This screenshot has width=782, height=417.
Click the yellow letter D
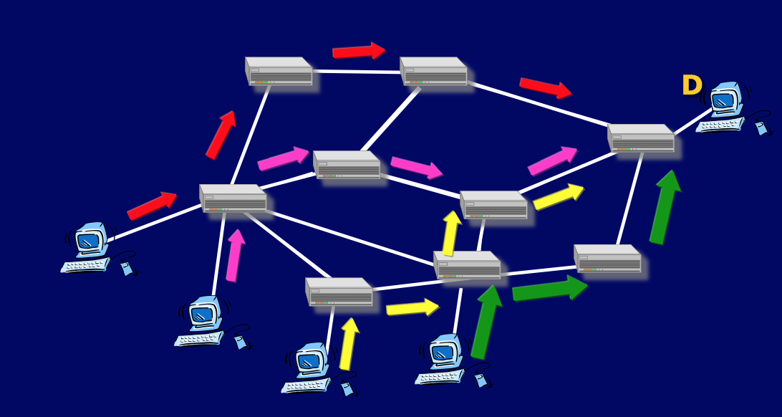click(x=692, y=86)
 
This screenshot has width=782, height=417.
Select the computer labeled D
click(x=723, y=107)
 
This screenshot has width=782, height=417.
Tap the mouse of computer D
click(x=761, y=128)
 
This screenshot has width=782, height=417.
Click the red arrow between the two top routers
click(x=358, y=51)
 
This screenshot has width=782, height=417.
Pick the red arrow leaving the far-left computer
click(x=152, y=205)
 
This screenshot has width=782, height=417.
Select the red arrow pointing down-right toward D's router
click(x=545, y=87)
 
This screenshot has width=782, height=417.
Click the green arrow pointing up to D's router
click(x=665, y=207)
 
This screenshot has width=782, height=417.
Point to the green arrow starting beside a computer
click(x=486, y=322)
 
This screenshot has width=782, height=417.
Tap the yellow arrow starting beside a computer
click(x=349, y=344)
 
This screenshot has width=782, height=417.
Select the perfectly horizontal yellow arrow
click(x=412, y=308)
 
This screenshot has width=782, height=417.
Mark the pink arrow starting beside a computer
click(x=234, y=256)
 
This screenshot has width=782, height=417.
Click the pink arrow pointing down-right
click(x=416, y=168)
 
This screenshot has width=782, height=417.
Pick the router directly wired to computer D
click(x=641, y=139)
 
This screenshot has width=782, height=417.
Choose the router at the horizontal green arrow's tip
click(x=608, y=259)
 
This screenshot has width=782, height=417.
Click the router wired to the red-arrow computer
click(x=233, y=199)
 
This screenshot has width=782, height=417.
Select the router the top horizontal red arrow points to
click(x=434, y=72)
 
